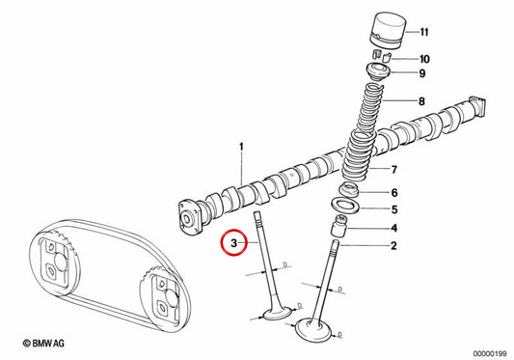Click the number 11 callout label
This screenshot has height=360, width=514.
click(x=424, y=32)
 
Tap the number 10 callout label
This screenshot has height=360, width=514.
click(x=424, y=59)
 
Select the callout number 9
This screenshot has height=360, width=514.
click(x=422, y=73)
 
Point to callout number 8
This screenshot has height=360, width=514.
click(x=421, y=101)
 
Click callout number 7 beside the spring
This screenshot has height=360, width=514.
click(x=394, y=170)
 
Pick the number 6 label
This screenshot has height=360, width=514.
click(x=394, y=193)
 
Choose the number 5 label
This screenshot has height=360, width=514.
click(x=394, y=209)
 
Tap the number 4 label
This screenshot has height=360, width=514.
click(x=394, y=228)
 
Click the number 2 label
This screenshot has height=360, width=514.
click(x=393, y=245)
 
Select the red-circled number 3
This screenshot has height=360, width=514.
click(x=233, y=243)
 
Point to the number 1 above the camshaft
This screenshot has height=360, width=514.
click(x=242, y=147)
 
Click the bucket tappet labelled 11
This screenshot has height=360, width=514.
click(x=389, y=31)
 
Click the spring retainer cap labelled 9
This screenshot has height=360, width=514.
click(x=378, y=72)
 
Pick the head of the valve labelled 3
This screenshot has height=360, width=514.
click(x=277, y=314)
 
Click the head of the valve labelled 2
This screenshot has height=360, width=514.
click(x=314, y=329)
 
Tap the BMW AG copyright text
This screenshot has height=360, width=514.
click(x=43, y=344)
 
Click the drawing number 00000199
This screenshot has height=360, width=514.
click(x=490, y=353)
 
